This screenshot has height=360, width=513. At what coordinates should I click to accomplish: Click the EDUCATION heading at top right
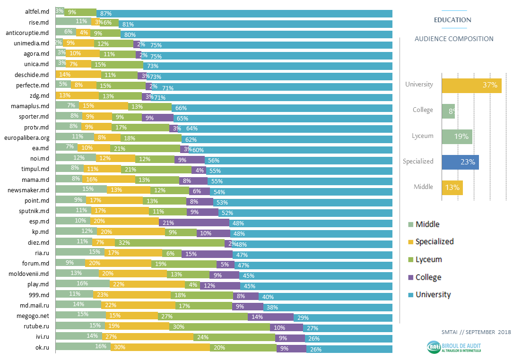pos(452,20)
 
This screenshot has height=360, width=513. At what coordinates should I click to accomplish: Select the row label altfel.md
pos(37,12)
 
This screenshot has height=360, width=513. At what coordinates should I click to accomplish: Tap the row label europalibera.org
pos(27,137)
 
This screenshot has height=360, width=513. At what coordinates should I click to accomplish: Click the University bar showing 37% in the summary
pos(471,85)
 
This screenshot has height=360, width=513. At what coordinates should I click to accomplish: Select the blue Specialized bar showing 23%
pos(460,162)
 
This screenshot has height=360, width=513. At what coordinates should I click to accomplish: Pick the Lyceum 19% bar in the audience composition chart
pos(457,137)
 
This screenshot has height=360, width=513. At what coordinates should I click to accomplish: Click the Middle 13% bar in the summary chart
pos(452,187)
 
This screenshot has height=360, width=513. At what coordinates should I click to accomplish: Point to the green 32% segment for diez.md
pos(170,243)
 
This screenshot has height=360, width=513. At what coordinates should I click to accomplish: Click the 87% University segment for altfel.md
pos(244,13)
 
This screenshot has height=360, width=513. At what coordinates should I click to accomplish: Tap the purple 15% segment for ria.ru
pos(200,254)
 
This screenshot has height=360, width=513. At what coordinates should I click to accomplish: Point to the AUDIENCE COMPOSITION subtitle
pos(453,39)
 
